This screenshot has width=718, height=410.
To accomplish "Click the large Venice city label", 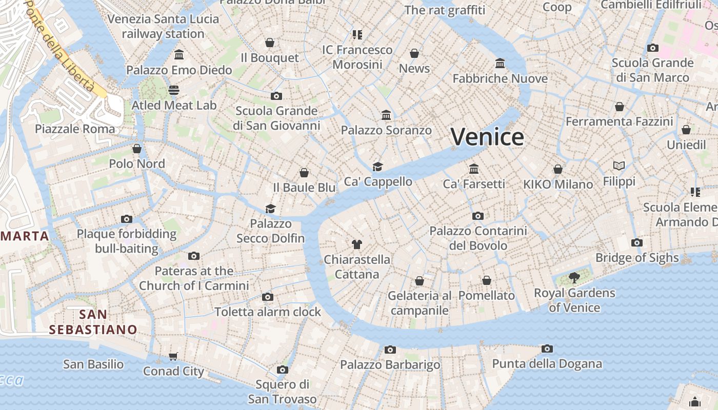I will point(487,137).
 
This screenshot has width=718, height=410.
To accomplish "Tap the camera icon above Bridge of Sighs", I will point(637,242).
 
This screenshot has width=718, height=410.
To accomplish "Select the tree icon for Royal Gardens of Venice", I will point(574,278).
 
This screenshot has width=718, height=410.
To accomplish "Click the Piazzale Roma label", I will point(75,129).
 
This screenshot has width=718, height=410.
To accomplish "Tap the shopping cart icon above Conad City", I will point(173,356).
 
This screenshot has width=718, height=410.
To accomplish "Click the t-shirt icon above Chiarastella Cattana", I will point(357,244).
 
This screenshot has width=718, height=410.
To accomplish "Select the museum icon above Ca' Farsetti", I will point(474,169).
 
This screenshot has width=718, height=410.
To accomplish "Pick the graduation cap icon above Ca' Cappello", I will point(378,167).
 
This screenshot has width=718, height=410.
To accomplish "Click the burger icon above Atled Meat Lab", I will point(174,90).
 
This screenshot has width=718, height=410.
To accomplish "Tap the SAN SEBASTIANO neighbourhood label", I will point(93,322).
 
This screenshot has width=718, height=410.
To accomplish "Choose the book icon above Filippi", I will point(619,166).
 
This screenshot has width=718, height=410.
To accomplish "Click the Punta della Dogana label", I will point(547,364).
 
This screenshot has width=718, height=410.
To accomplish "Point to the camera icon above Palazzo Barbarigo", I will point(390,350).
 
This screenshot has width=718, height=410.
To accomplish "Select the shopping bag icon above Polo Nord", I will point(137,149).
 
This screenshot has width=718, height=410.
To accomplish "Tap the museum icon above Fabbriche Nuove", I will point(500,63).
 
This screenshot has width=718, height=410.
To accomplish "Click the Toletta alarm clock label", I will point(268,312).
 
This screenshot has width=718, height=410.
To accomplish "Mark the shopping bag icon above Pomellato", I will point(486,280).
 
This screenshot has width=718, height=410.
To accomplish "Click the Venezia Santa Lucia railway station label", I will point(163,27).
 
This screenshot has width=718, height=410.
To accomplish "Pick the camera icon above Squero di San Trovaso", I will point(282,370).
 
